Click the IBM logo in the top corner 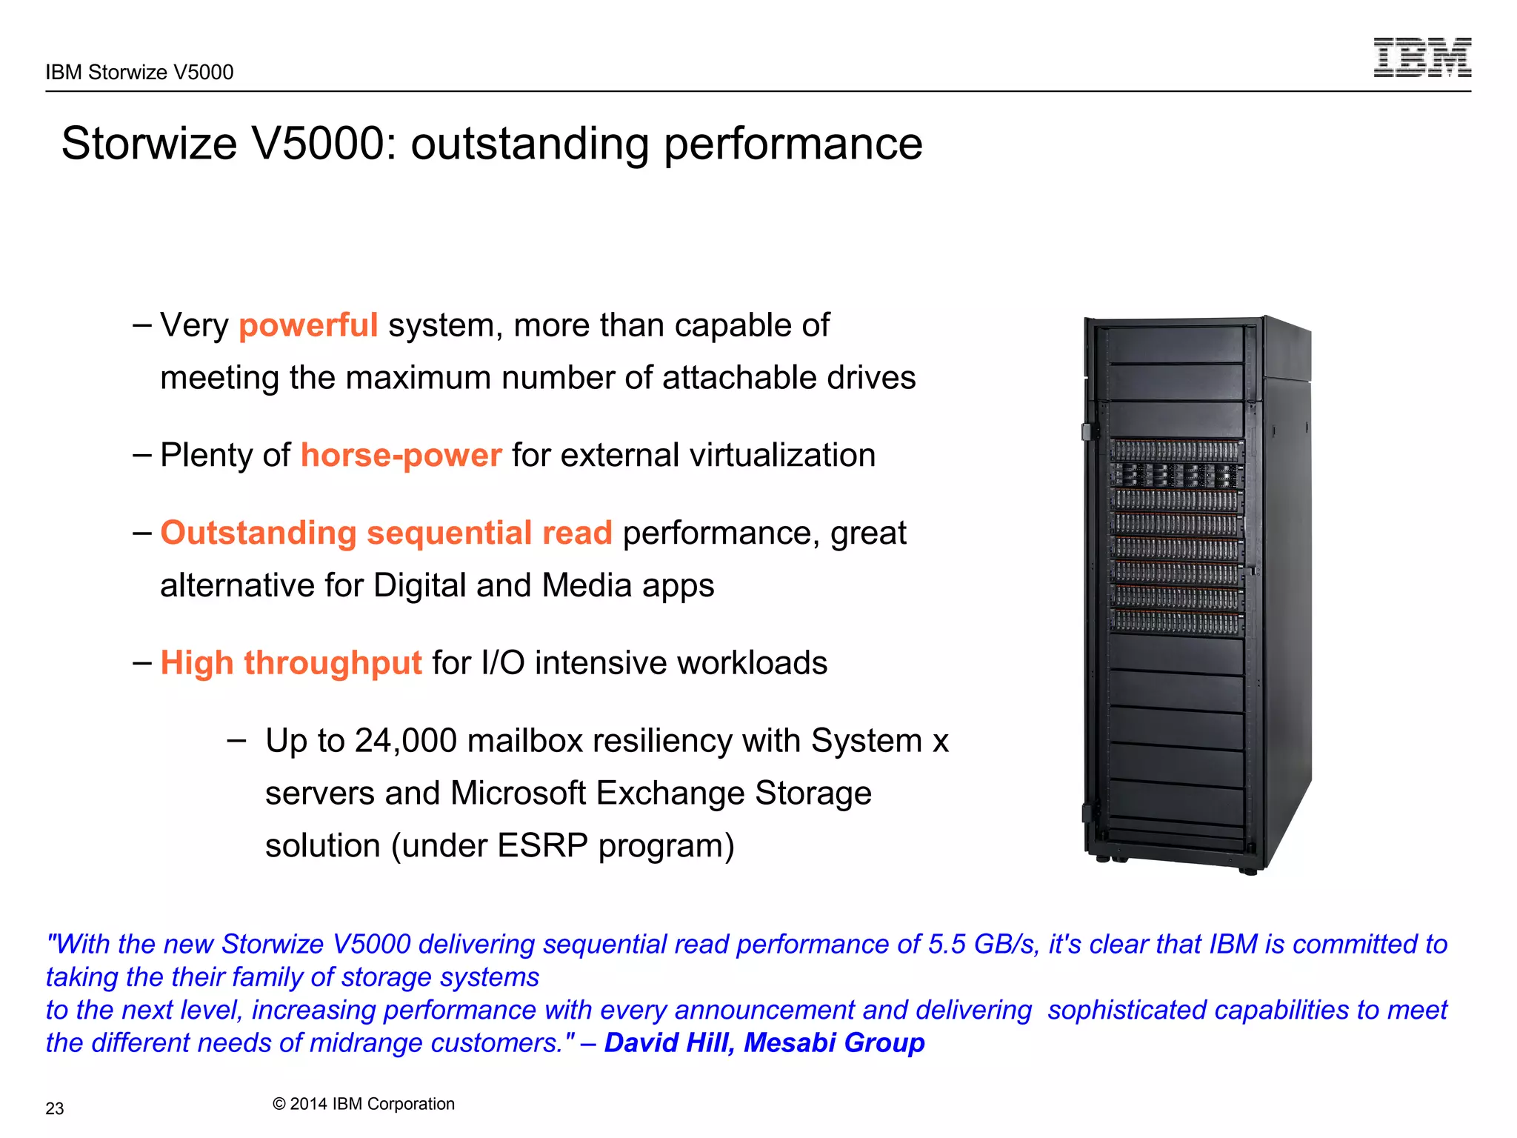(x=1421, y=58)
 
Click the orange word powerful (x=308, y=325)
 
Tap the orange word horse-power (x=401, y=455)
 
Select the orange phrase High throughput (x=291, y=663)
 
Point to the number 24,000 (x=406, y=741)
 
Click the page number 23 (x=55, y=1108)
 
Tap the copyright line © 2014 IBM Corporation (x=363, y=1104)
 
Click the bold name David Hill (x=669, y=1042)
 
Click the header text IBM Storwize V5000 (x=139, y=72)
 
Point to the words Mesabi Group (x=834, y=1042)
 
